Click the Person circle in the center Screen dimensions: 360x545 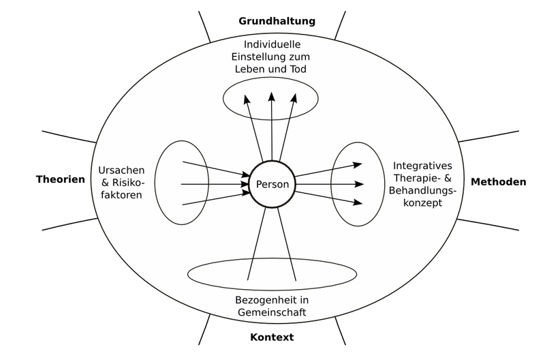pyautogui.click(x=272, y=184)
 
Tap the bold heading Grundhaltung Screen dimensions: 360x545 pyautogui.click(x=277, y=20)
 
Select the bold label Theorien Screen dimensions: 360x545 pyautogui.click(x=61, y=180)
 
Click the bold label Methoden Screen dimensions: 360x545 pyautogui.click(x=498, y=182)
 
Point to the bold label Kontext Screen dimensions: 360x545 pyautogui.click(x=272, y=337)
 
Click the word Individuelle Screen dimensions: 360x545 pyautogui.click(x=272, y=44)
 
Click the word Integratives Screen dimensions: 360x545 pyautogui.click(x=422, y=165)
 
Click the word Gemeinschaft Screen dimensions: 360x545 pyautogui.click(x=271, y=312)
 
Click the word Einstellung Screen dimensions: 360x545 pyautogui.click(x=260, y=57)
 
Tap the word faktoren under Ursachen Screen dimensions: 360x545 pyautogui.click(x=121, y=195)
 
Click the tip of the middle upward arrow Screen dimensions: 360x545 pyautogui.click(x=272, y=94)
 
